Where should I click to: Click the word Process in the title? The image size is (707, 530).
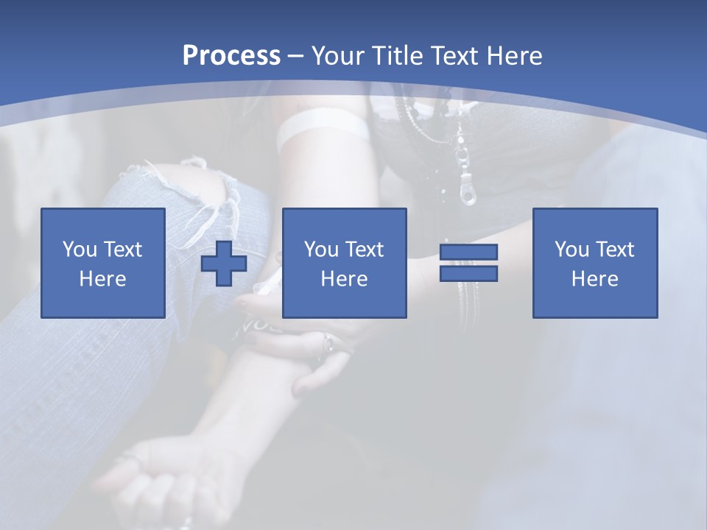tap(231, 56)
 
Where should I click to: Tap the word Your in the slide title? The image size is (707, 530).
tap(339, 56)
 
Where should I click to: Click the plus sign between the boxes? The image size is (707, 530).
tap(224, 263)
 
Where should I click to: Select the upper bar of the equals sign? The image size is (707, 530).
tap(468, 252)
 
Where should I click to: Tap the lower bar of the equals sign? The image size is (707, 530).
tap(468, 273)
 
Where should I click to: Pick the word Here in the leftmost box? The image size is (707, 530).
tap(102, 278)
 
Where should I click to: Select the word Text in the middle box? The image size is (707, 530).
tap(365, 249)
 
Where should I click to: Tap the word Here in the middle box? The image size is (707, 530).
tap(344, 278)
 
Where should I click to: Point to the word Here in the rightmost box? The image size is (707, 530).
tap(594, 278)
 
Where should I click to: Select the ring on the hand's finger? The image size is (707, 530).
tap(328, 343)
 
